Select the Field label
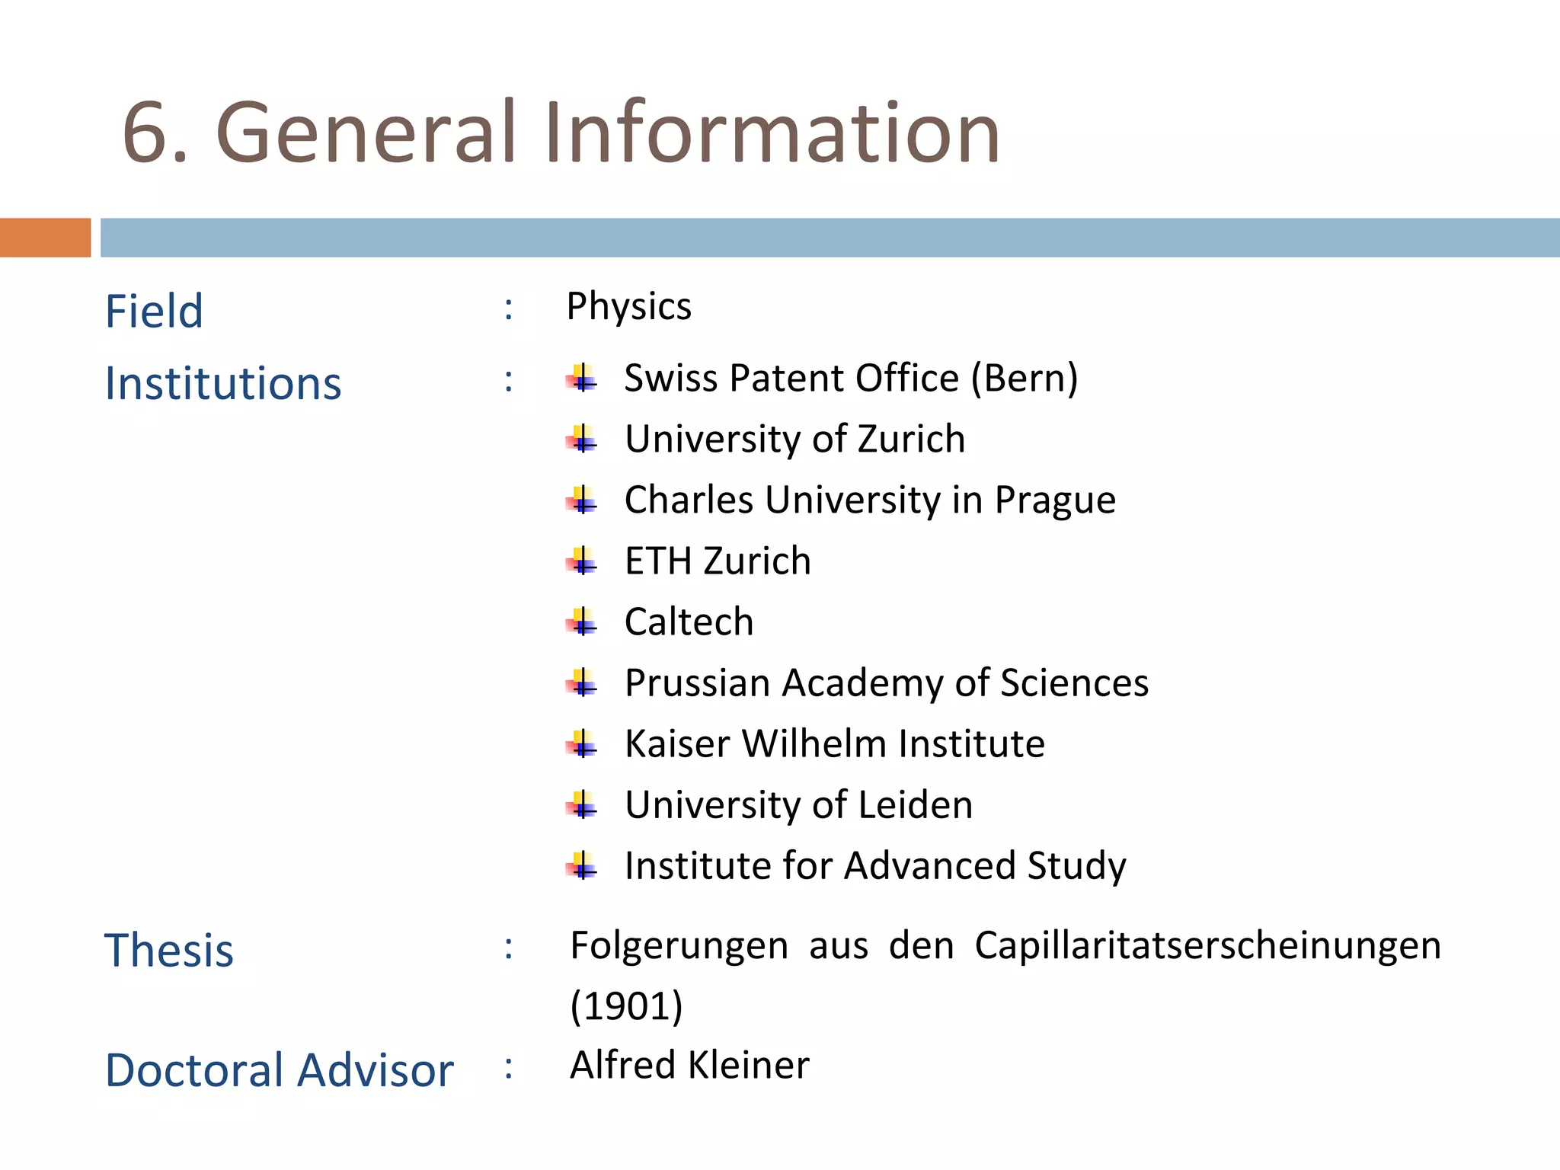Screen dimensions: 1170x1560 (x=154, y=312)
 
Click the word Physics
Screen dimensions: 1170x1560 (x=629, y=307)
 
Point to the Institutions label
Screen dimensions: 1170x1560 (x=223, y=383)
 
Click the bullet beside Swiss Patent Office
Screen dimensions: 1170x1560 (x=583, y=379)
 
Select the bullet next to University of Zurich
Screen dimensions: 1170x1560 (x=583, y=440)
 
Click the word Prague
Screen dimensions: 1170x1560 (x=1055, y=500)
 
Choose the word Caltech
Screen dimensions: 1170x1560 (x=689, y=622)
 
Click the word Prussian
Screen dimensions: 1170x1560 (x=698, y=683)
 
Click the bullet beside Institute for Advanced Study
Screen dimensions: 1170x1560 (x=583, y=866)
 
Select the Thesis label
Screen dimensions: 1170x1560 (x=169, y=951)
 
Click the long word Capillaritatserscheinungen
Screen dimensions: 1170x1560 (x=1207, y=946)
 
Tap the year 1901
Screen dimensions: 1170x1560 (x=626, y=1006)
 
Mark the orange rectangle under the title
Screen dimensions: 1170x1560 (x=45, y=238)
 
